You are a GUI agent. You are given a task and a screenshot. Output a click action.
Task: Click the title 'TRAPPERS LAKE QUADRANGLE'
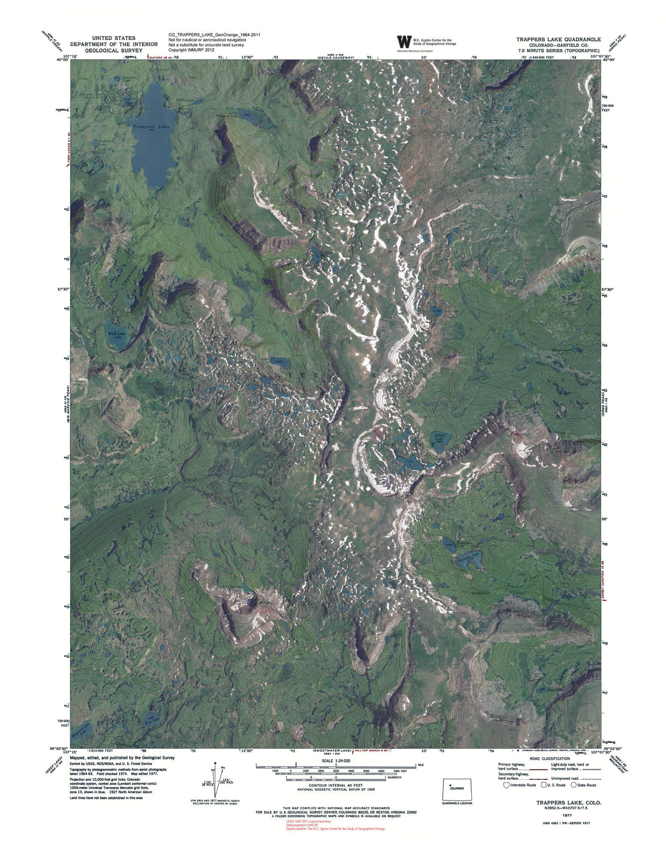coord(558,39)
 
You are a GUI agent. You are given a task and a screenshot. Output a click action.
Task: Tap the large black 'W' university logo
coord(404,42)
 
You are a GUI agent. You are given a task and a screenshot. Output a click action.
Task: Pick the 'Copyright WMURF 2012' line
coord(191,50)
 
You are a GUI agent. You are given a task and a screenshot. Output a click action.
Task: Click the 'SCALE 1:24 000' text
coord(335,761)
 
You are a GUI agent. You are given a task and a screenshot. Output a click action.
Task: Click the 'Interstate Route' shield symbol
coord(506,785)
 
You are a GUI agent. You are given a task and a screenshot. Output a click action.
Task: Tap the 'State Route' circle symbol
coord(574,785)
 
